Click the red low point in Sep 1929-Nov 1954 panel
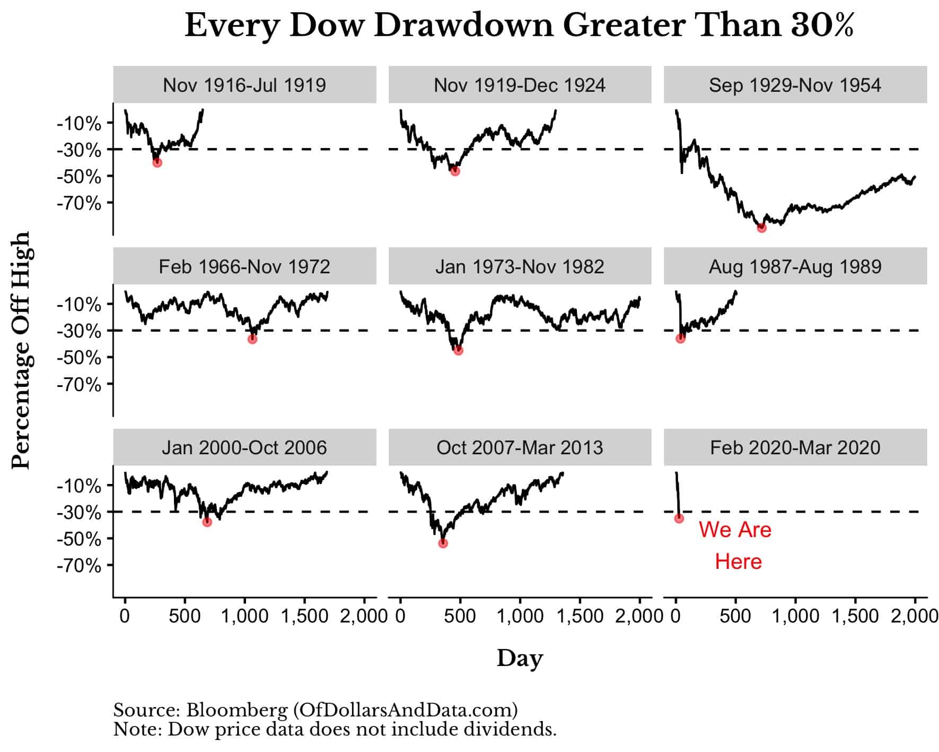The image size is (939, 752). click(x=761, y=228)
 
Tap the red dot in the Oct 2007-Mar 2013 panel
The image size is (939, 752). click(x=443, y=543)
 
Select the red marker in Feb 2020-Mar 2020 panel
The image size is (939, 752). click(x=679, y=518)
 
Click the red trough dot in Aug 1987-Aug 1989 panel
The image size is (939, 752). click(x=680, y=338)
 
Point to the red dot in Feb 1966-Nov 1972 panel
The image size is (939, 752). click(x=252, y=339)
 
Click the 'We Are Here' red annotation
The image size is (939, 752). click(x=735, y=545)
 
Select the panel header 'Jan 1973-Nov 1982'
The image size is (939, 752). click(x=520, y=266)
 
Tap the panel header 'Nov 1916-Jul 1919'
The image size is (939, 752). click(x=244, y=85)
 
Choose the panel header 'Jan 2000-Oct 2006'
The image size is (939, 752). click(x=244, y=447)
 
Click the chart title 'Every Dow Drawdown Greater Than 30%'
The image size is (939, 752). click(x=519, y=25)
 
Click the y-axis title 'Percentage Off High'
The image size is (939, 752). click(x=22, y=350)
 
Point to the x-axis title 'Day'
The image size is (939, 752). click(x=520, y=658)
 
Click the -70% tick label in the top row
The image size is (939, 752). click(x=79, y=203)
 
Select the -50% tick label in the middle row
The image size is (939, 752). click(x=79, y=358)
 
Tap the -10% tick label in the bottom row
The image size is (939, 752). click(x=79, y=486)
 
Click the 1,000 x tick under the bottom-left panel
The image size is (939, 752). click(x=244, y=616)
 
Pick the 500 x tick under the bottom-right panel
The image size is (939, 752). click(x=735, y=616)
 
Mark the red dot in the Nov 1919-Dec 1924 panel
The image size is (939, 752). click(x=454, y=171)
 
